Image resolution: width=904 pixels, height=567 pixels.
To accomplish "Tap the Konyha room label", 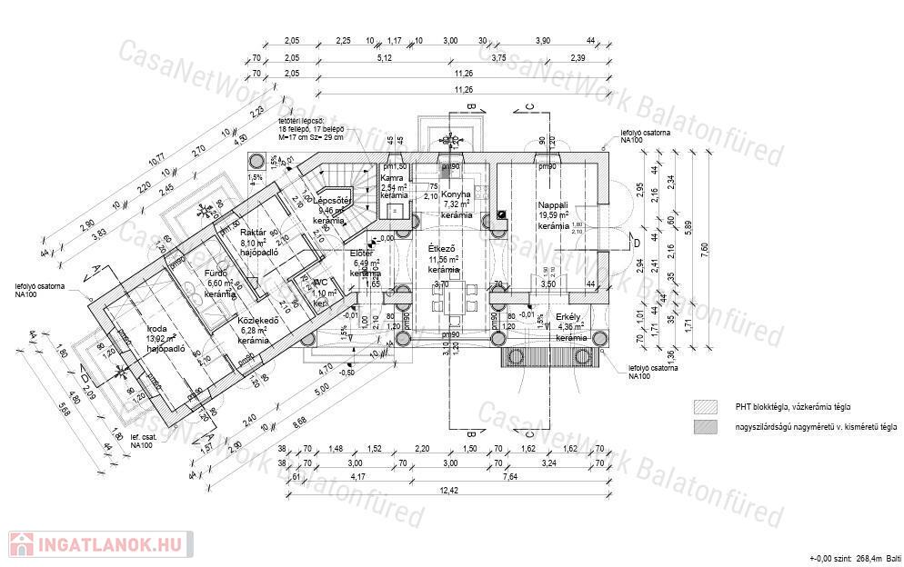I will (x=456, y=194).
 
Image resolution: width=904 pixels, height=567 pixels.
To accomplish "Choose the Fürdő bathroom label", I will (x=216, y=273).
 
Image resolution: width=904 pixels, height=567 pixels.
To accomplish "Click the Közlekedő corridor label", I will (x=256, y=320).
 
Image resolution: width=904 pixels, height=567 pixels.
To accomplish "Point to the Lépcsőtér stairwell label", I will (x=336, y=200).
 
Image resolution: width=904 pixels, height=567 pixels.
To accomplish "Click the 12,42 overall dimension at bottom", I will (x=446, y=491).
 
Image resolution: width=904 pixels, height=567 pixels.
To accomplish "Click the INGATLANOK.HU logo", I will (x=101, y=544).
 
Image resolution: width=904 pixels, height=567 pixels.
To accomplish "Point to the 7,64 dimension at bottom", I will (x=509, y=476).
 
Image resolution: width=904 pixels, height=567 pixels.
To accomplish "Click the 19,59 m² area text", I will (x=552, y=215).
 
